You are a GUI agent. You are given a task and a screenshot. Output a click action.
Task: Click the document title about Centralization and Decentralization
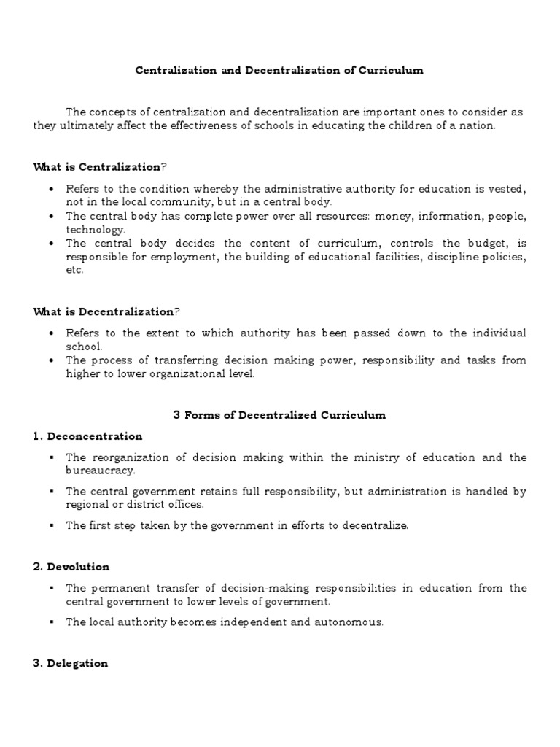279,71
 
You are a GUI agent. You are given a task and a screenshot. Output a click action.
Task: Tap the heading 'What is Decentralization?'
106,311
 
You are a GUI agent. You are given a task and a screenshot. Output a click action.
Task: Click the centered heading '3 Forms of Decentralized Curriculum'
279,415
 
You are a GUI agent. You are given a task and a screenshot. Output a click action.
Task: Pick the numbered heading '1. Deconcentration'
87,436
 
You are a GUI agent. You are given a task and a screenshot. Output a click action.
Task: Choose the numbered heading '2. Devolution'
71,566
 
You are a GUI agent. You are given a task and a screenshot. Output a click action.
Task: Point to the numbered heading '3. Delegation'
71,663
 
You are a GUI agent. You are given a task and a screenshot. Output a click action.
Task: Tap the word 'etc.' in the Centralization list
74,270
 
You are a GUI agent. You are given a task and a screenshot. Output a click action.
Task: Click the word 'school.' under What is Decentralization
84,347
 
